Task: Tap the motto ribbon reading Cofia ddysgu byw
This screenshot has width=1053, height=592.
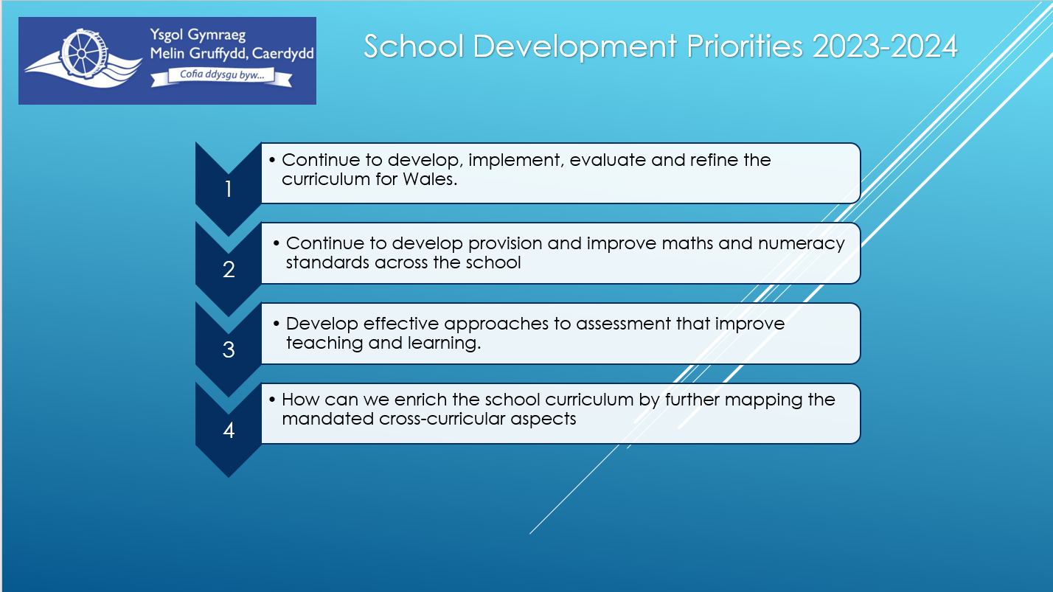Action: (221, 77)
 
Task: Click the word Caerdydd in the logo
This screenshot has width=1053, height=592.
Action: (283, 54)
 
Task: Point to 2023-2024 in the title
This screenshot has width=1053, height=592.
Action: (885, 46)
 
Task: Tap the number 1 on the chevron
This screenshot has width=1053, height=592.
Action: (229, 189)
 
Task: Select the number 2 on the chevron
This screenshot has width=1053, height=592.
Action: (229, 270)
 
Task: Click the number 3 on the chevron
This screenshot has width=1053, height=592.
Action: (229, 350)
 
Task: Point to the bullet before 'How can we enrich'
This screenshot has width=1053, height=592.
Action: (272, 400)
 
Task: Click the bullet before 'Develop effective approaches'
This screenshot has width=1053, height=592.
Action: (277, 324)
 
